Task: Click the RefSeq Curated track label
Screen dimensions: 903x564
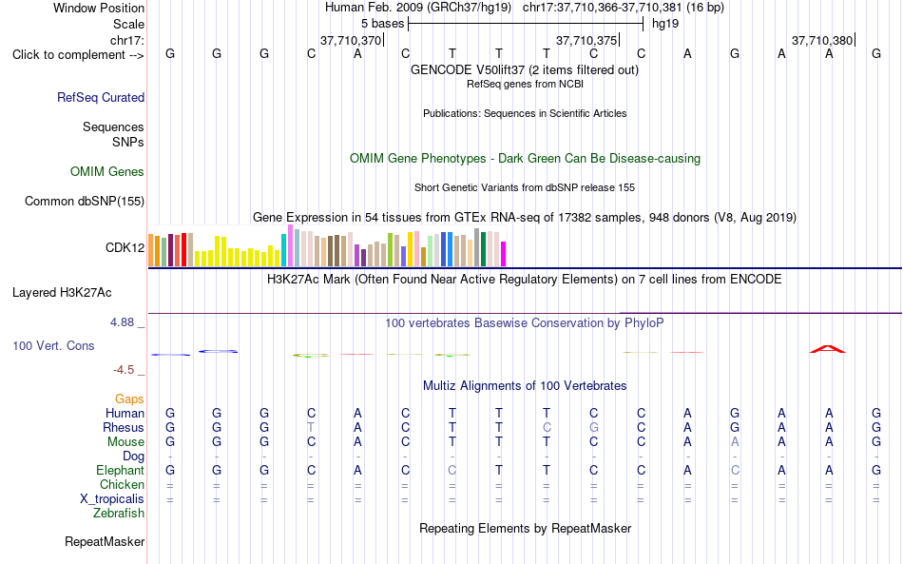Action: (101, 97)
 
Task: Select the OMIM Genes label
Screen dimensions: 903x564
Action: (107, 172)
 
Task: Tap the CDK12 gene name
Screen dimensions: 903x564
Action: (125, 247)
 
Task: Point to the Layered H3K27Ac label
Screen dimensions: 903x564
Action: (62, 293)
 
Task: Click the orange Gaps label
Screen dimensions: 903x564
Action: (129, 399)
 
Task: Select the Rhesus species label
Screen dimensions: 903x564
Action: (124, 427)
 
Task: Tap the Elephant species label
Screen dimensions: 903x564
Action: (121, 470)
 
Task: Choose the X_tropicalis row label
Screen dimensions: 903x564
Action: (112, 499)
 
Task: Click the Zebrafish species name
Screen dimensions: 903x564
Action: (119, 514)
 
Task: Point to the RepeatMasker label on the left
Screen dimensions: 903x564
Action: (105, 541)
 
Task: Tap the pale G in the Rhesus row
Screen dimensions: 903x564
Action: (594, 427)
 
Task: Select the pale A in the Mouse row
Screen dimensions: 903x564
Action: (735, 442)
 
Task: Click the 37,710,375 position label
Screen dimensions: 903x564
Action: (586, 40)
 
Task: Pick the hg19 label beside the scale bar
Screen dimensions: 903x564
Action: (665, 24)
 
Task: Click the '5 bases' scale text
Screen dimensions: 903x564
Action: (383, 24)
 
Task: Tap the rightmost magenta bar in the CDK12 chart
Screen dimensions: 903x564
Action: (504, 254)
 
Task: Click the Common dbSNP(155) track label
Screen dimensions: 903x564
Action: (85, 201)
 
